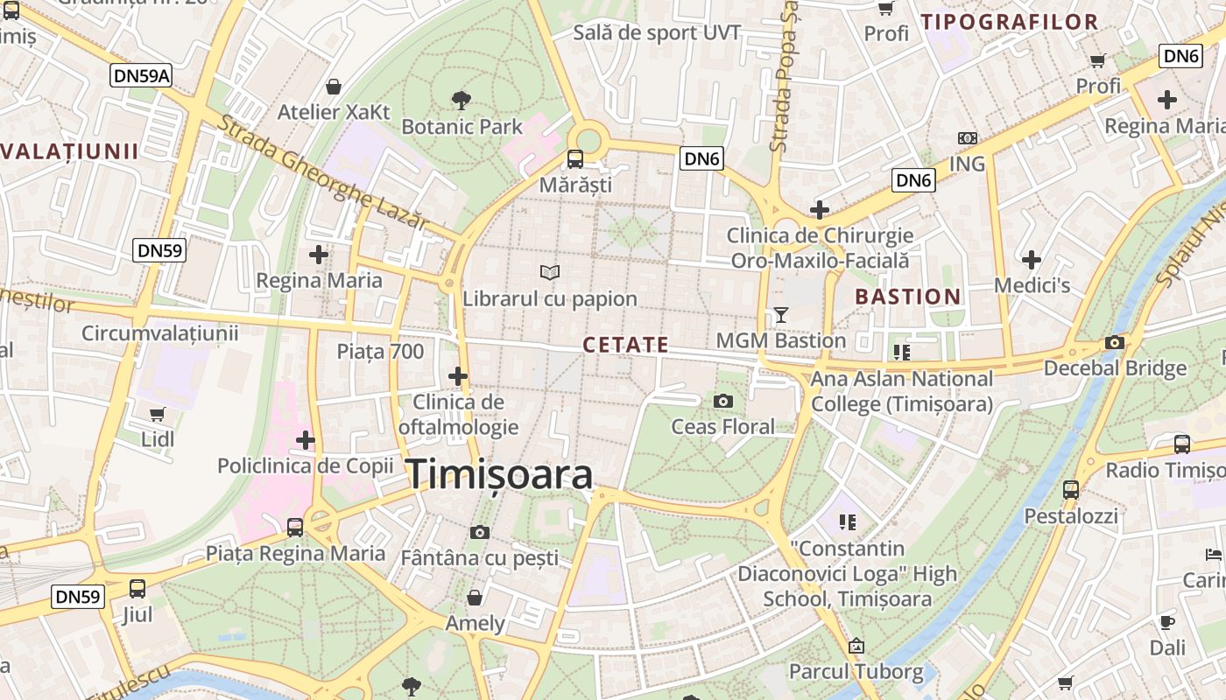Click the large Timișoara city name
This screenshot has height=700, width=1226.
coord(499,474)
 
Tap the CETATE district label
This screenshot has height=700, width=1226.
coord(625,345)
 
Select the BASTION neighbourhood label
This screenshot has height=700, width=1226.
coord(908,297)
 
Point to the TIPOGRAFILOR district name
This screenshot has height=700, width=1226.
coord(1009,22)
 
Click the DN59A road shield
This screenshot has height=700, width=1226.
coord(141,75)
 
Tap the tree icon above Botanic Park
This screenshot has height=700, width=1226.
coord(461,100)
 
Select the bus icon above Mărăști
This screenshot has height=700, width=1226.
coord(575,158)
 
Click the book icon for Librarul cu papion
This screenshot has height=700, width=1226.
coord(550,273)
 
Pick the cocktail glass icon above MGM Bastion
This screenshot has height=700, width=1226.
coord(781,314)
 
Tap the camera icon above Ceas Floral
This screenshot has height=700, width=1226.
coord(722,401)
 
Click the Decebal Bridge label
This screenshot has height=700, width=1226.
coord(1115,367)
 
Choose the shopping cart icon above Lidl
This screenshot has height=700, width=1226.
coord(158,414)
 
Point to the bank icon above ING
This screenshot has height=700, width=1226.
coord(967,138)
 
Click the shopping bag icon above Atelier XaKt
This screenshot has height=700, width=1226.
coord(333,87)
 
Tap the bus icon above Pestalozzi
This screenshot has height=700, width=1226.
coord(1070,490)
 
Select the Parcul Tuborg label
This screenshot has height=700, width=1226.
coord(856,672)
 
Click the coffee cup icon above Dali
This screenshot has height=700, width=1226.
coord(1166,622)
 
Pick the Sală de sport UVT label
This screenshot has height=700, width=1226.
coord(657,33)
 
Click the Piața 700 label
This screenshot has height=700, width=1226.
coord(380,352)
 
